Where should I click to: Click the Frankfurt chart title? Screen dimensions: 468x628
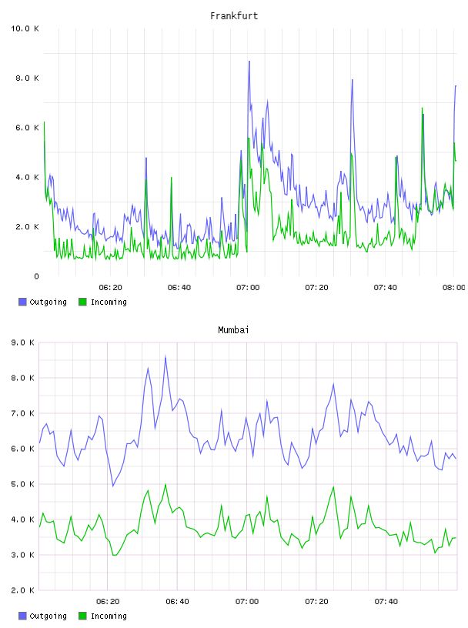tap(234, 16)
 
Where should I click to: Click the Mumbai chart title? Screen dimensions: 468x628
tap(233, 330)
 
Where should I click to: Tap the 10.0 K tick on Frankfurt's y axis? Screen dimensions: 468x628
tap(25, 28)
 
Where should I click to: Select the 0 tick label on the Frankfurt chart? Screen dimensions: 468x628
tap(36, 276)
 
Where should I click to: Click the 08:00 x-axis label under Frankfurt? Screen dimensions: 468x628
tap(453, 288)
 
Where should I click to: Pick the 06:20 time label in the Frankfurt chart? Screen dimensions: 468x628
tap(110, 288)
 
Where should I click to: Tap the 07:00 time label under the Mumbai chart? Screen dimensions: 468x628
tap(247, 602)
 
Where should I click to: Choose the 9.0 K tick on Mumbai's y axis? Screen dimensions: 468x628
tap(22, 342)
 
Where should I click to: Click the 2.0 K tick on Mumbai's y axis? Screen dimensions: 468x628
tap(22, 590)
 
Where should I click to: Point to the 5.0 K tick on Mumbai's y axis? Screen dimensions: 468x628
tap(22, 484)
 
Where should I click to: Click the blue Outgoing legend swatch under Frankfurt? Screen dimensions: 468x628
tap(22, 302)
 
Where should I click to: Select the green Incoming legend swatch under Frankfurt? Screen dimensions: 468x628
tap(82, 302)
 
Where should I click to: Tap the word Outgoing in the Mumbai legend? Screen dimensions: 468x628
tap(48, 616)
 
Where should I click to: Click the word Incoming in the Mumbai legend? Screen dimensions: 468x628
tap(109, 616)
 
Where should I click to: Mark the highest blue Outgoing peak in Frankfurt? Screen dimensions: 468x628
tap(249, 62)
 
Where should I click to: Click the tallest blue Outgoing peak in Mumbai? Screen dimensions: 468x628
tap(165, 356)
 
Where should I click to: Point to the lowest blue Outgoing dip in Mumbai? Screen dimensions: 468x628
tap(113, 486)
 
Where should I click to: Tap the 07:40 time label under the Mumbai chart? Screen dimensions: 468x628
tap(386, 602)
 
